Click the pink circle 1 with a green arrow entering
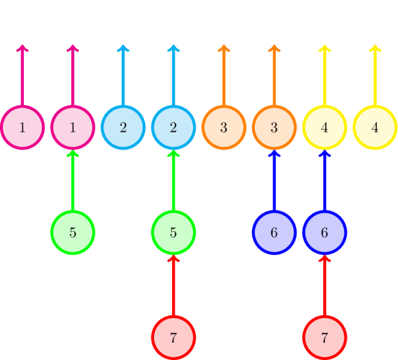click(73, 127)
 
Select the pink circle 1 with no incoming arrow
click(23, 127)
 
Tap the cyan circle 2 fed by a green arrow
click(173, 127)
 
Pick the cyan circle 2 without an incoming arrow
click(123, 127)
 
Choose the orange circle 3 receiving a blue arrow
click(274, 127)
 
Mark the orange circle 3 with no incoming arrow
click(224, 127)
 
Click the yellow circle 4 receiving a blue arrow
click(325, 127)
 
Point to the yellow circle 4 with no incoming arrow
click(375, 127)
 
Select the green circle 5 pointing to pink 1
click(73, 232)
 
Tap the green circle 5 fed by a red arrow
click(173, 232)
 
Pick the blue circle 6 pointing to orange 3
click(274, 232)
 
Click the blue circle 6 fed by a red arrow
click(325, 232)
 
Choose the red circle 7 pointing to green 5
click(173, 337)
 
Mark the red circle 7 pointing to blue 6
click(325, 337)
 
